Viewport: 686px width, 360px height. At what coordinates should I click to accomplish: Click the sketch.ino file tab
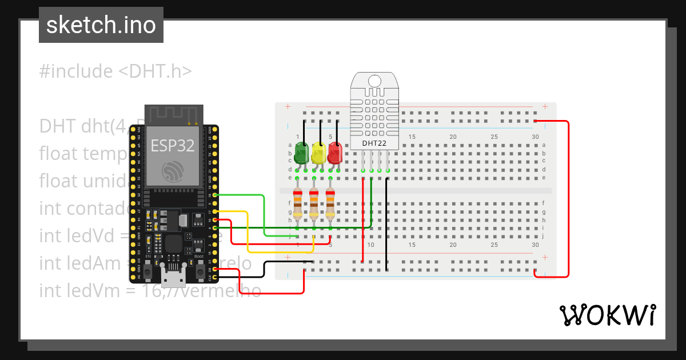click(101, 25)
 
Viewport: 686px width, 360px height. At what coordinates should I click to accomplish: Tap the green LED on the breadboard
click(301, 152)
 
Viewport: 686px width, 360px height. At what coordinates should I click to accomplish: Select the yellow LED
click(318, 152)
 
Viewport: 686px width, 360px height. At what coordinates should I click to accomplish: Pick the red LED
click(334, 152)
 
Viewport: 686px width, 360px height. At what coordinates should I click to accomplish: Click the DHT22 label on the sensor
click(374, 143)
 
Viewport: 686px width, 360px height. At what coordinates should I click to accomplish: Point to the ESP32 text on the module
click(173, 145)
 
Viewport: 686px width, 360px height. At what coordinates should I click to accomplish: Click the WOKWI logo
click(607, 315)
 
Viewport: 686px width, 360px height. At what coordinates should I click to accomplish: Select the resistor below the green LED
click(297, 204)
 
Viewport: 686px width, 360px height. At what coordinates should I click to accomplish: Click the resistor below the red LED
click(330, 204)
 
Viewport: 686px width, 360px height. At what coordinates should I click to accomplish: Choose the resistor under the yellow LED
click(314, 204)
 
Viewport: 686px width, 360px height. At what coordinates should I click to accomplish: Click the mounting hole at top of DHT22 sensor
click(374, 80)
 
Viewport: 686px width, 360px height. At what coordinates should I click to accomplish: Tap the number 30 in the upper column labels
click(535, 137)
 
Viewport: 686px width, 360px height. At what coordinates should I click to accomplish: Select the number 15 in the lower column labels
click(412, 245)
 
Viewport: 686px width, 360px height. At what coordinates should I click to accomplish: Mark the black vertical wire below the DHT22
click(387, 223)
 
